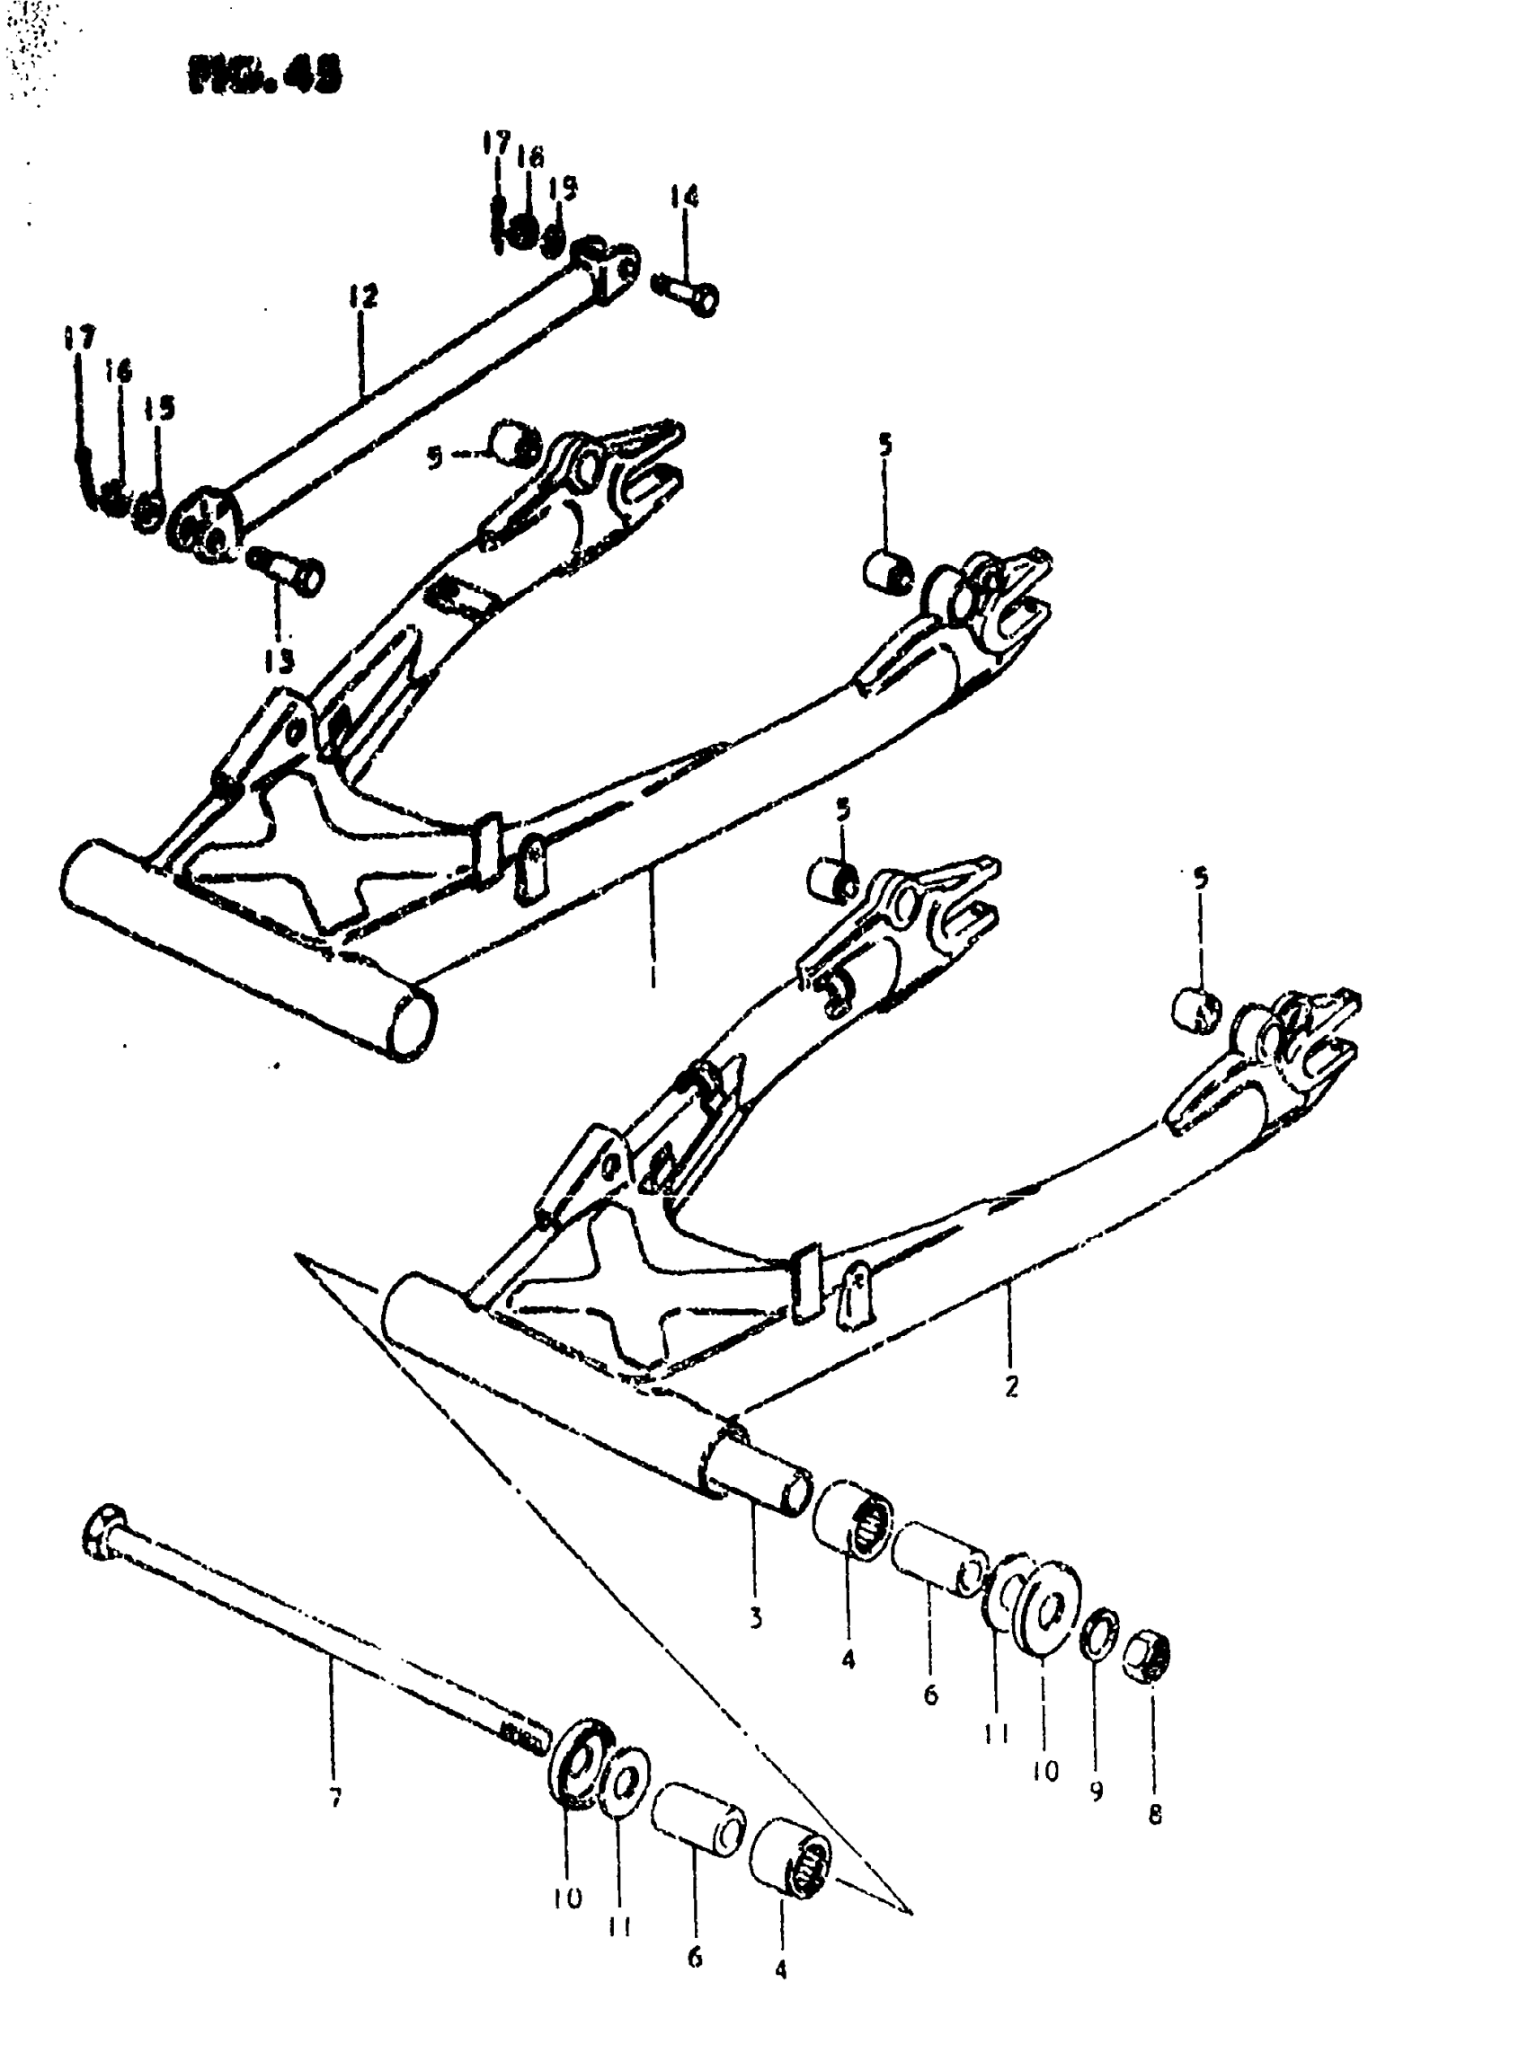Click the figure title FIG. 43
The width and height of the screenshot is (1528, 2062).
pyautogui.click(x=264, y=75)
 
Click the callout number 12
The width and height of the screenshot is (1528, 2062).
pyautogui.click(x=363, y=296)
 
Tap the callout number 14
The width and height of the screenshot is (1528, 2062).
pyautogui.click(x=685, y=197)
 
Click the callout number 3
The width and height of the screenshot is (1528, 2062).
pyautogui.click(x=756, y=1617)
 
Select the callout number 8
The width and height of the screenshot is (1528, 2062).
pyautogui.click(x=1154, y=1815)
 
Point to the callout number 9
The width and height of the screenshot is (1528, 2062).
pyautogui.click(x=1096, y=1792)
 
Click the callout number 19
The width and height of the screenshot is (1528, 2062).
pyautogui.click(x=562, y=189)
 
